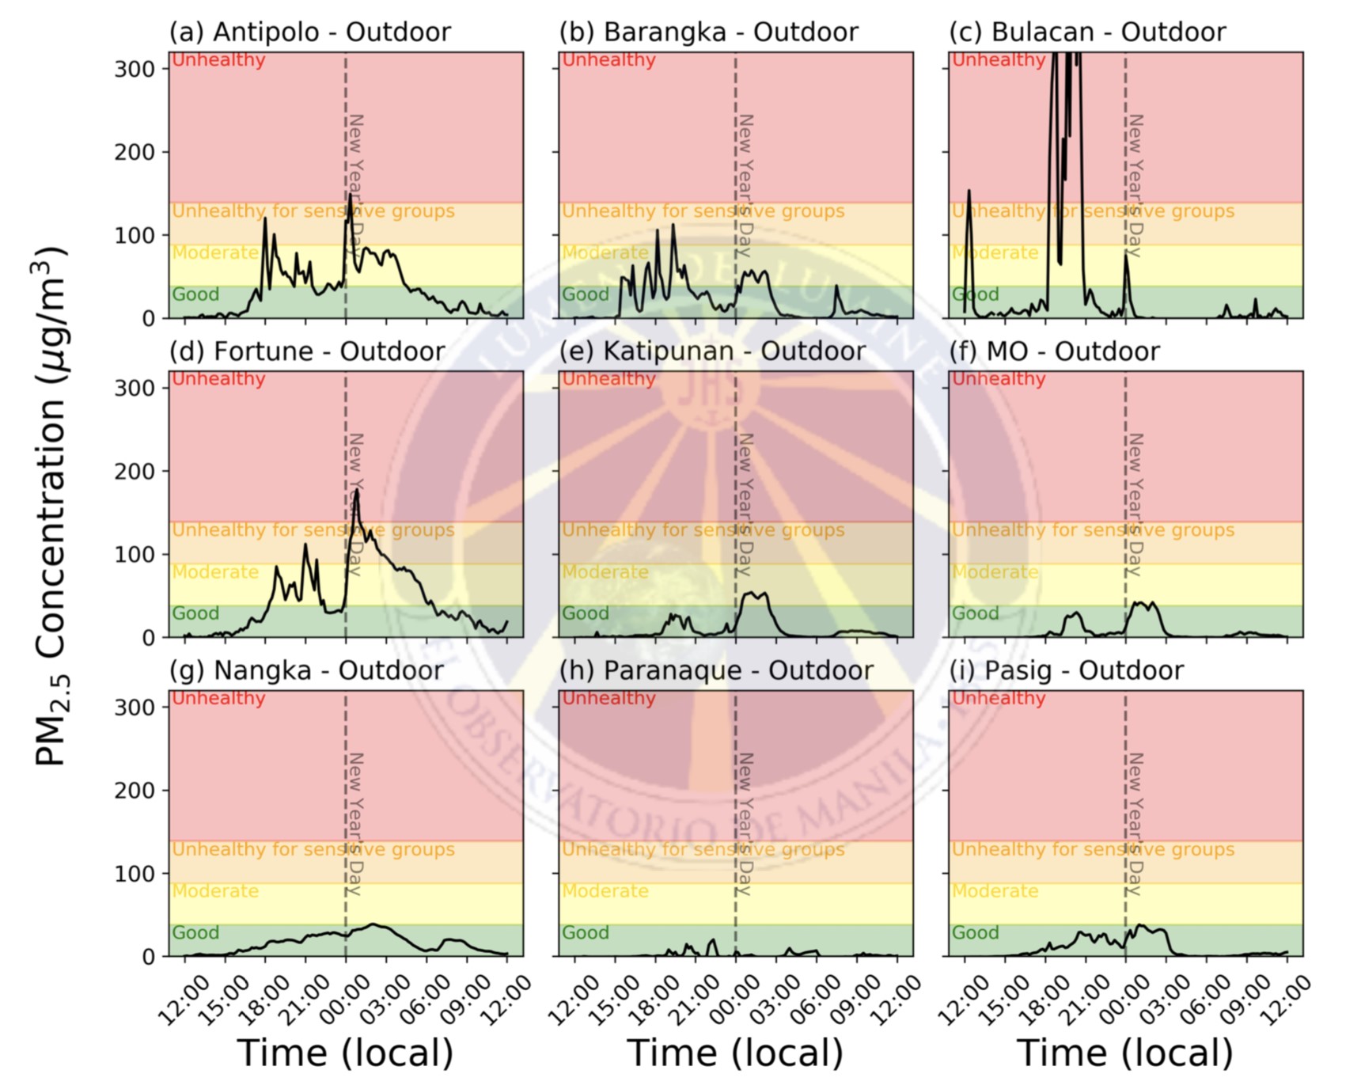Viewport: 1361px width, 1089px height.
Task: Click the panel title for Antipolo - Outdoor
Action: click(x=309, y=32)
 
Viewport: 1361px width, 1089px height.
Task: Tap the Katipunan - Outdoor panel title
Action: click(x=712, y=351)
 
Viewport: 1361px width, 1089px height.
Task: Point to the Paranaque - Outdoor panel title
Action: click(x=716, y=671)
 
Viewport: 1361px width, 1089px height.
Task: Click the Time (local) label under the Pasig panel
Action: click(x=1124, y=1053)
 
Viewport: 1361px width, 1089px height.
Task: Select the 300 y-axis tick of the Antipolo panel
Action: click(x=135, y=70)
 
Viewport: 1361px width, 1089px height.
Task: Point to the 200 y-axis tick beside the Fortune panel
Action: click(x=135, y=472)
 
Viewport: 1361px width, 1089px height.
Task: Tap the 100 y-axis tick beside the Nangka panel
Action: click(x=135, y=874)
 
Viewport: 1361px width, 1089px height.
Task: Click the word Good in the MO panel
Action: click(x=975, y=613)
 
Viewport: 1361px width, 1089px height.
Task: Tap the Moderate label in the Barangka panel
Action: click(x=605, y=253)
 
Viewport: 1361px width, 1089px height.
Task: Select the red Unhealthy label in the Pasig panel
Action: click(x=999, y=699)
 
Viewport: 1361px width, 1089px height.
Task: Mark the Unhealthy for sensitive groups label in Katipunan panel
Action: click(x=703, y=530)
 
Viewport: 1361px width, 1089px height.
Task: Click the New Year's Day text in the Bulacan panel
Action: click(x=1135, y=186)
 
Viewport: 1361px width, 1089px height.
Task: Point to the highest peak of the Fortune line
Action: click(x=357, y=491)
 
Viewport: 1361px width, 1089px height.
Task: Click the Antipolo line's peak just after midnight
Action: click(x=350, y=195)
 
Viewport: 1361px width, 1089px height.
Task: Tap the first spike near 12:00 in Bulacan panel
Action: click(x=969, y=191)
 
